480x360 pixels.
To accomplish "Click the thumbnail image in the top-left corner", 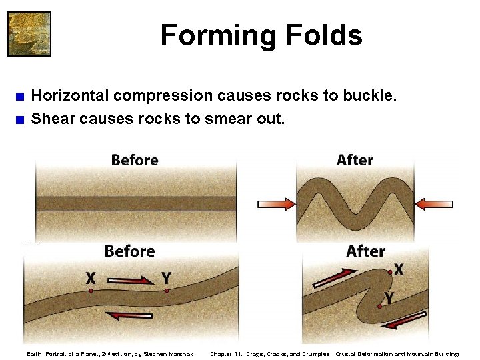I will point(29,33).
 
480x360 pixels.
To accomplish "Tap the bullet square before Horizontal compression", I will point(21,96).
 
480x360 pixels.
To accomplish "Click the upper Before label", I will point(135,161).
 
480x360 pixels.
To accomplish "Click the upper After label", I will point(355,161).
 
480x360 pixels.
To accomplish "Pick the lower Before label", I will point(129,251).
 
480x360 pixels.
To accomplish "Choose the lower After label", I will point(365,251).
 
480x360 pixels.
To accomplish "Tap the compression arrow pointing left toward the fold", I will point(434,203).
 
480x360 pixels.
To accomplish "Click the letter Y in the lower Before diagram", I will point(166,277).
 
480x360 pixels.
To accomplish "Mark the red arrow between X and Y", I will point(128,281).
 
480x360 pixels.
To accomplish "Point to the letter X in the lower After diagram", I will point(399,269).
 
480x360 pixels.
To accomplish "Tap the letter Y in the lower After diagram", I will point(387,297).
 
